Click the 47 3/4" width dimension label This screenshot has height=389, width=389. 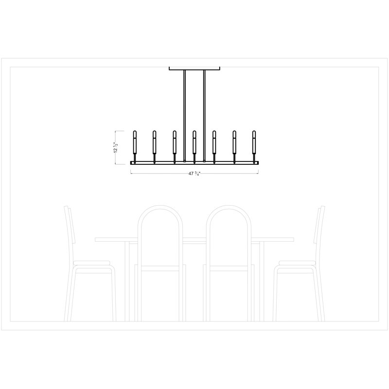194,174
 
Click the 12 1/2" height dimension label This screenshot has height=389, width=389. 116,147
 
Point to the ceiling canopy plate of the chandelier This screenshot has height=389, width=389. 194,69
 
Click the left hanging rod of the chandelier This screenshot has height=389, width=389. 184,116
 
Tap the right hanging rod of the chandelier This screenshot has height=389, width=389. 204,116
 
